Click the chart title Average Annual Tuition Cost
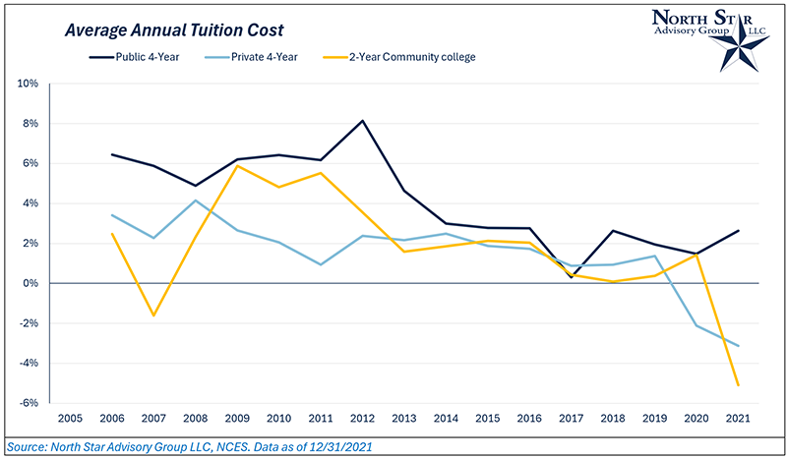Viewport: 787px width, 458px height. coord(166,30)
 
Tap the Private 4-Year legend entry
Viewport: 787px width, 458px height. coord(259,57)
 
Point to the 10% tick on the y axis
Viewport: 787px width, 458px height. coord(28,84)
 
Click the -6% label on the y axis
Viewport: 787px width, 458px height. coord(28,403)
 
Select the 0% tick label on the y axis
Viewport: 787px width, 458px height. coord(30,283)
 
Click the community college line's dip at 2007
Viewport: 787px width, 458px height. coord(153,315)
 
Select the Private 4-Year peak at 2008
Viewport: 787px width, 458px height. coord(195,200)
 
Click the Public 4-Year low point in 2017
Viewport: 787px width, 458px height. coord(573,277)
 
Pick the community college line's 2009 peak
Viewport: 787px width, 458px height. coord(237,165)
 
